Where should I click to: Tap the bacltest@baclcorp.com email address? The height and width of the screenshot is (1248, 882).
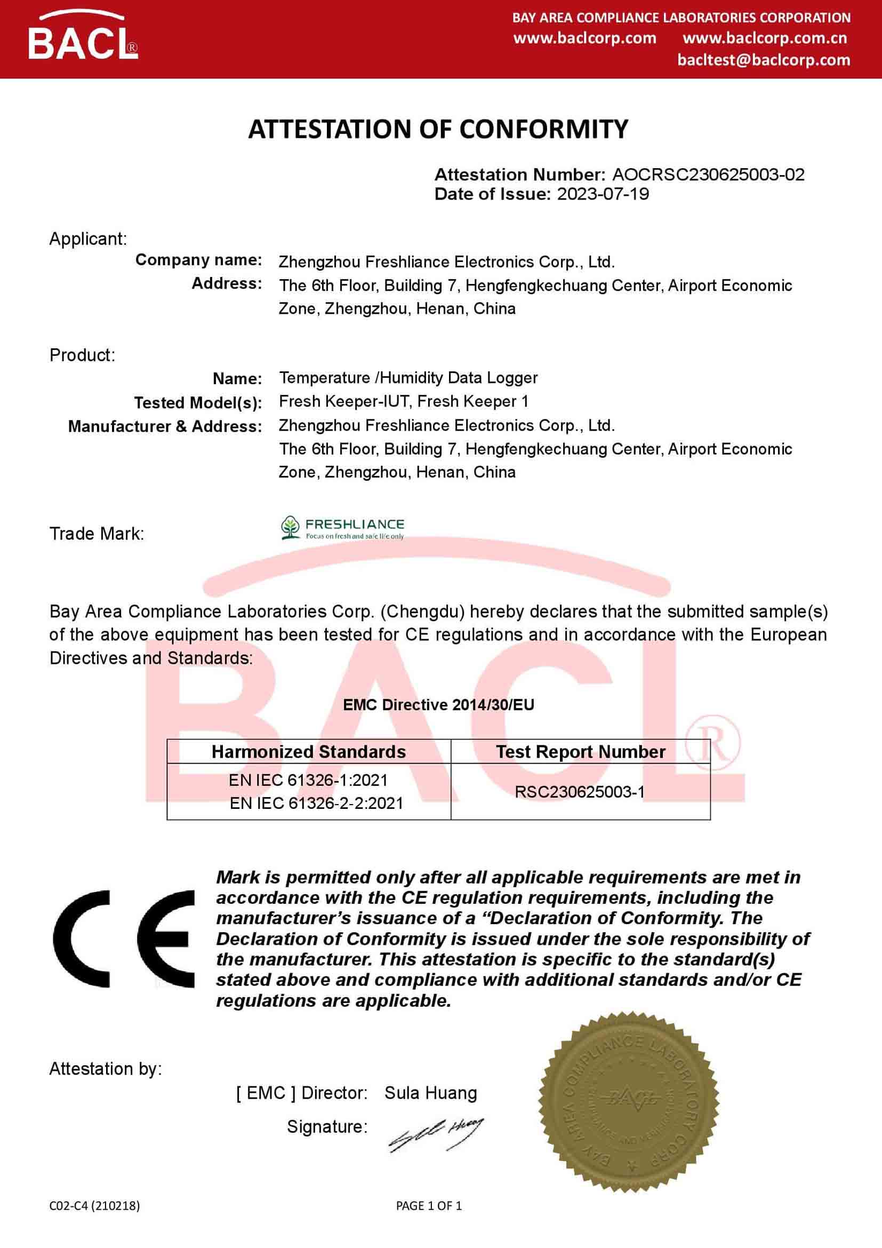(x=763, y=60)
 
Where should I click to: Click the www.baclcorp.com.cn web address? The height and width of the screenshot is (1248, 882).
(x=764, y=38)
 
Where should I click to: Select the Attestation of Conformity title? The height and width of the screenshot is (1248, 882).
(x=438, y=129)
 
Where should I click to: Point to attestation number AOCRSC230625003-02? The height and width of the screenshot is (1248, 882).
(x=708, y=174)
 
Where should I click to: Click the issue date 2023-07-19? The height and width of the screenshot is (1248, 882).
(x=603, y=194)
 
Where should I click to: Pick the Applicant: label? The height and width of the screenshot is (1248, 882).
(x=88, y=239)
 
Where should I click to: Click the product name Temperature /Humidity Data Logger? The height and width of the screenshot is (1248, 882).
(x=408, y=378)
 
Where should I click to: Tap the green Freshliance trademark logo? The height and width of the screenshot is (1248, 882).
(x=342, y=528)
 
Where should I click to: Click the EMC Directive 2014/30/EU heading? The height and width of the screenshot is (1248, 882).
(x=438, y=705)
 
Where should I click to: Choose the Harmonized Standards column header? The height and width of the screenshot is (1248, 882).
(x=308, y=752)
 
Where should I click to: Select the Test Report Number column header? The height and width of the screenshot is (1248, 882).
(x=580, y=752)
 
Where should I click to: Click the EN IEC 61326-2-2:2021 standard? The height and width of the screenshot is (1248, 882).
(x=316, y=804)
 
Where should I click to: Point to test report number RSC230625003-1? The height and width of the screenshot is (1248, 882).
(x=580, y=792)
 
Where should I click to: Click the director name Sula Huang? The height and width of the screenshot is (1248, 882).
(x=430, y=1093)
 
